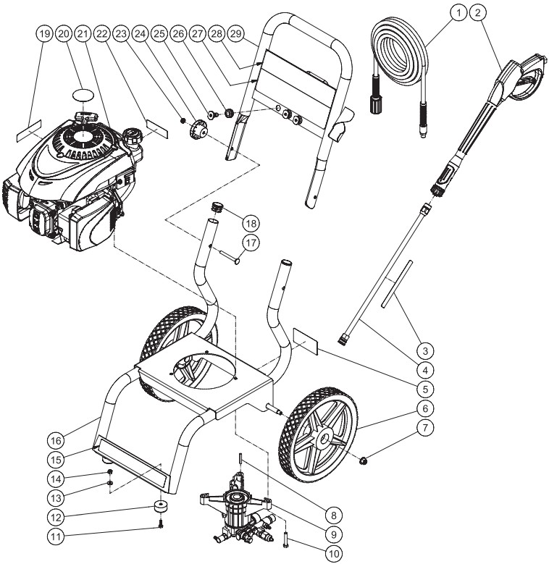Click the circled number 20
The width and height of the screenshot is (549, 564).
tap(64, 34)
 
